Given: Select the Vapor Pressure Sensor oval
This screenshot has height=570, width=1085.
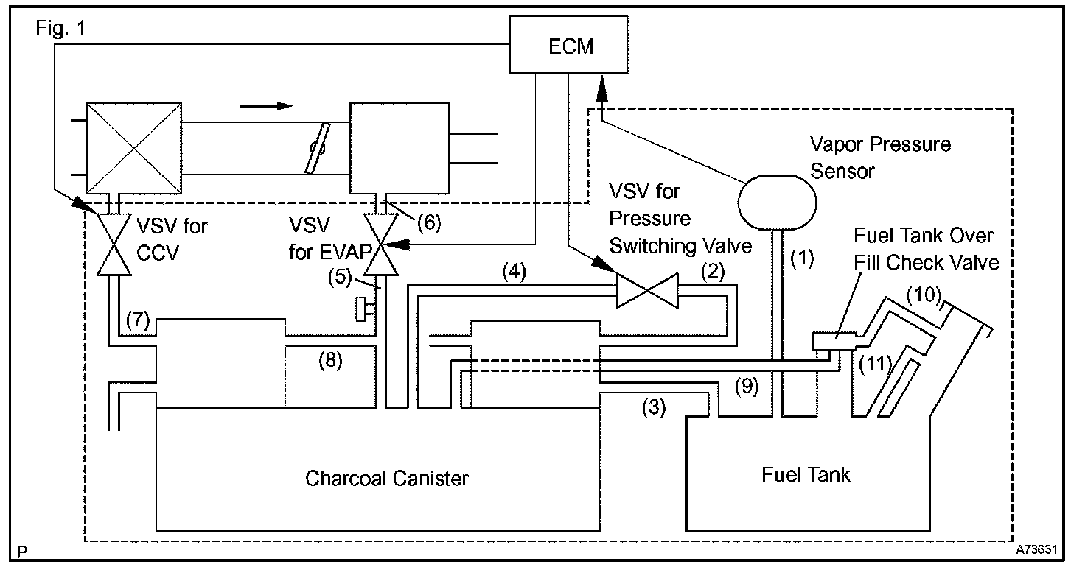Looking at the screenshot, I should point(777,197).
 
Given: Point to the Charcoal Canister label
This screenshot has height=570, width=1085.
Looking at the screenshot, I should point(386,479).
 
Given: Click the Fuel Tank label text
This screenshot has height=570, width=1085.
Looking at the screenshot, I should point(805,474).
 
